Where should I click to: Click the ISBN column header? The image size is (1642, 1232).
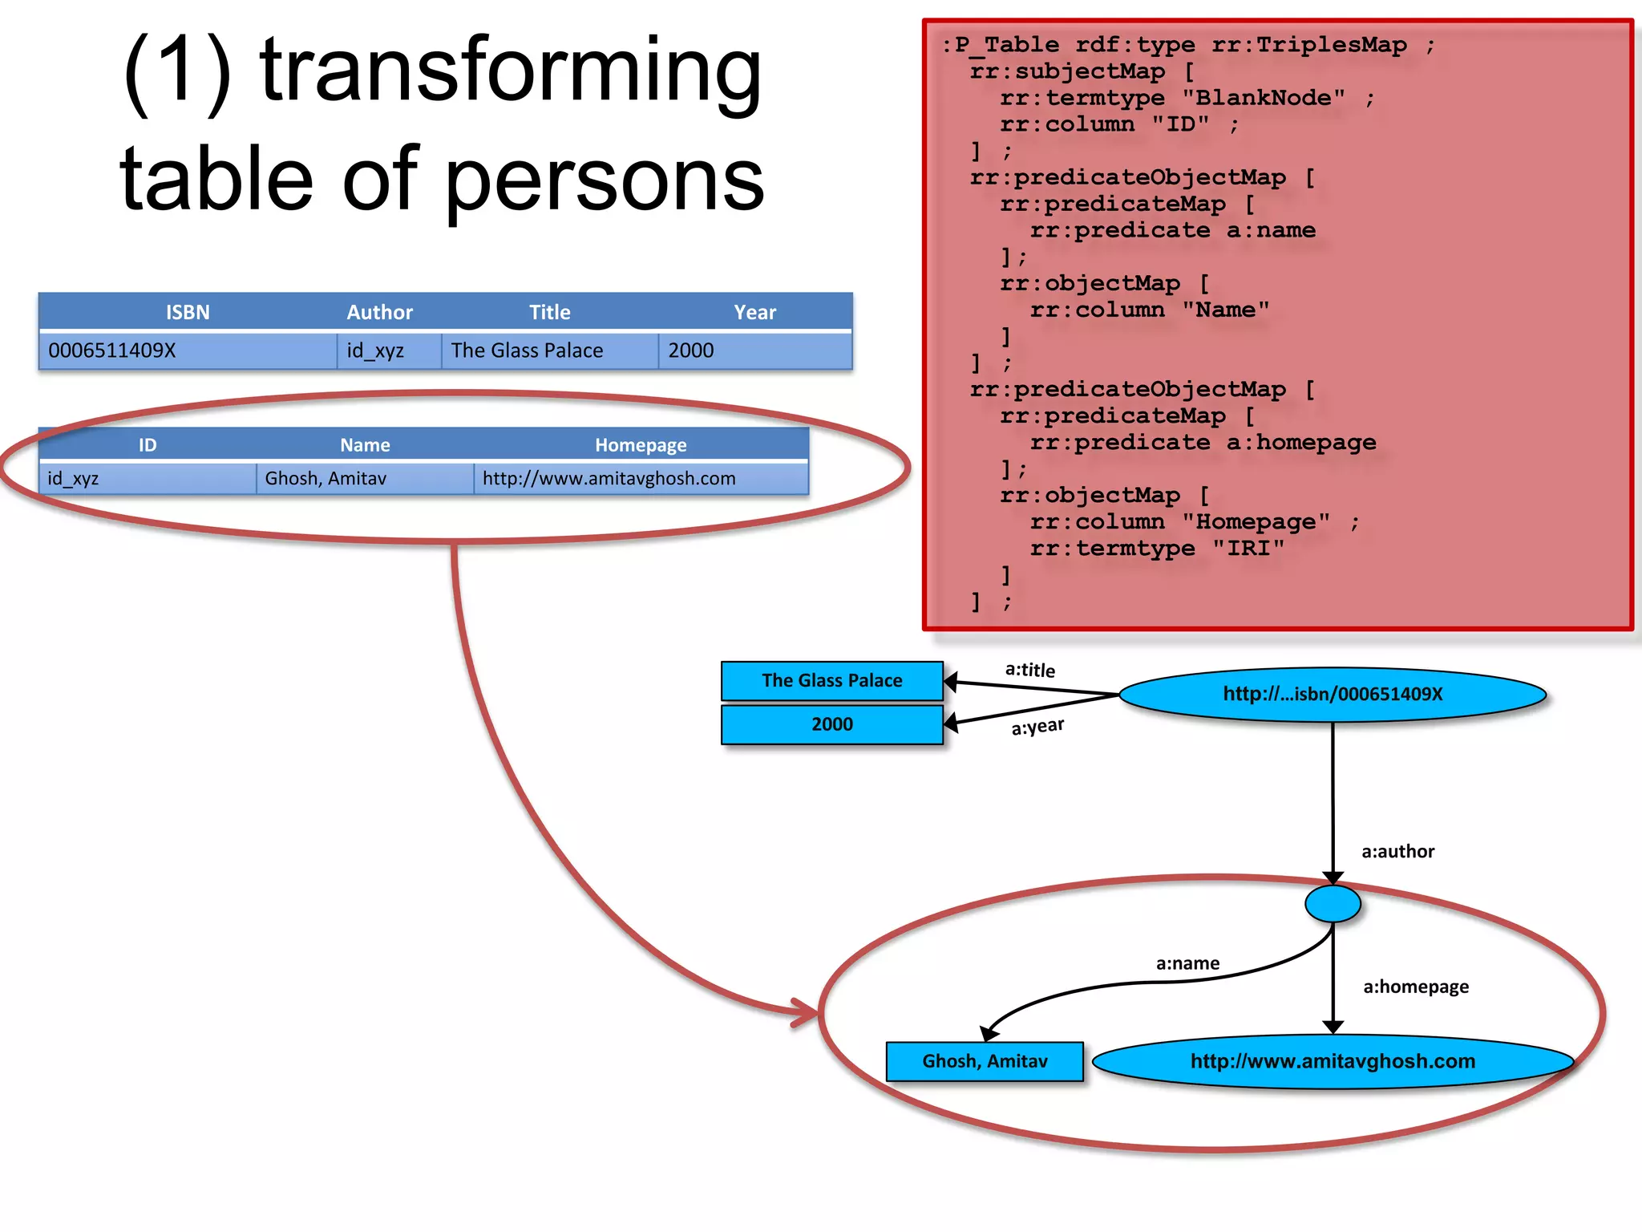click(188, 312)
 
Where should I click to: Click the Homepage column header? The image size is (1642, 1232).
click(641, 445)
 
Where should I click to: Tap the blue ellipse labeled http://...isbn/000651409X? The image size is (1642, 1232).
click(1332, 695)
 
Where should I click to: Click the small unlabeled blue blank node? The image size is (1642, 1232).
click(1333, 904)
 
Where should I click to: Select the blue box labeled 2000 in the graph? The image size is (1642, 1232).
click(832, 724)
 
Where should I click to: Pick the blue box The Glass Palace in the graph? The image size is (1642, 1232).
click(832, 681)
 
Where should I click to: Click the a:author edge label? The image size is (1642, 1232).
click(1397, 852)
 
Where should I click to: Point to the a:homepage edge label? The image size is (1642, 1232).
click(1416, 987)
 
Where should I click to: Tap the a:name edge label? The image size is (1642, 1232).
click(1187, 963)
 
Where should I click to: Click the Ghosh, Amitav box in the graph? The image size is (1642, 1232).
click(985, 1061)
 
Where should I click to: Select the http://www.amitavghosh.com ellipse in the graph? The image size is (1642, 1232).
click(1333, 1061)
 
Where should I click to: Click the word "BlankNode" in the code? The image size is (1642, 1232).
click(1264, 98)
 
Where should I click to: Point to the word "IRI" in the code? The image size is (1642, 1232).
click(1248, 549)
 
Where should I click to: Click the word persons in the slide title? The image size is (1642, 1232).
click(605, 180)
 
